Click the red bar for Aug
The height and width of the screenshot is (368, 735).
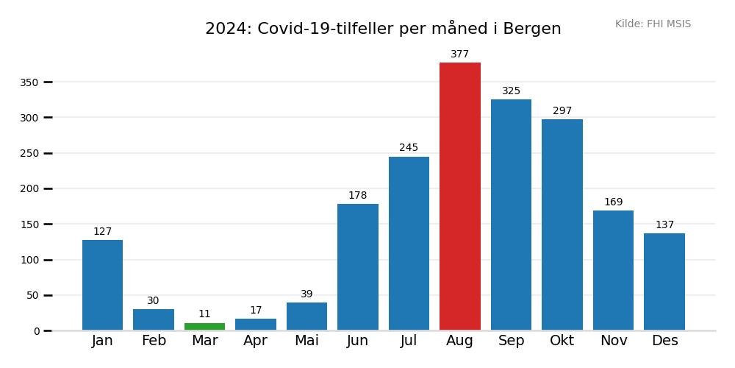[x=460, y=197]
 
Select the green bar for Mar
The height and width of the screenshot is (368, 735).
[x=204, y=326]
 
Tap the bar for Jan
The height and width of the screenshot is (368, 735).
[x=102, y=285]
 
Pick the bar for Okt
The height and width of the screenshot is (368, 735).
[x=562, y=224]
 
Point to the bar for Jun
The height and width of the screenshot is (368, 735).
[x=358, y=267]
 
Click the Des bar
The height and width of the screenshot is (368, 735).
[x=664, y=282]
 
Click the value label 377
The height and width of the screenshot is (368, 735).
[x=460, y=54]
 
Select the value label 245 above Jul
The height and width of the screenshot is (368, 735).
[x=409, y=148]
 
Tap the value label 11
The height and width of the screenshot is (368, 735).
[x=204, y=314]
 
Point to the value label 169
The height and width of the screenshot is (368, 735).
[x=614, y=202]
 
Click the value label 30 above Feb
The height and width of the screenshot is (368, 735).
[x=153, y=301]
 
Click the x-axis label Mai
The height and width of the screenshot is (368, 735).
[x=306, y=341]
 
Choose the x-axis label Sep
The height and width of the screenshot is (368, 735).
[x=511, y=341]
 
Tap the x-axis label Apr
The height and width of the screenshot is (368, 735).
[x=256, y=341]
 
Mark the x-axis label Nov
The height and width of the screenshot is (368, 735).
[x=614, y=341]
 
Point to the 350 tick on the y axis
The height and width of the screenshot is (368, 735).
[x=29, y=82]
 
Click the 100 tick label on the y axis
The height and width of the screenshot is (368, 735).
[x=29, y=260]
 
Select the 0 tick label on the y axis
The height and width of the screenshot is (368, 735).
[x=37, y=331]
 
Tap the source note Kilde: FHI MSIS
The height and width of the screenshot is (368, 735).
[x=653, y=24]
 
